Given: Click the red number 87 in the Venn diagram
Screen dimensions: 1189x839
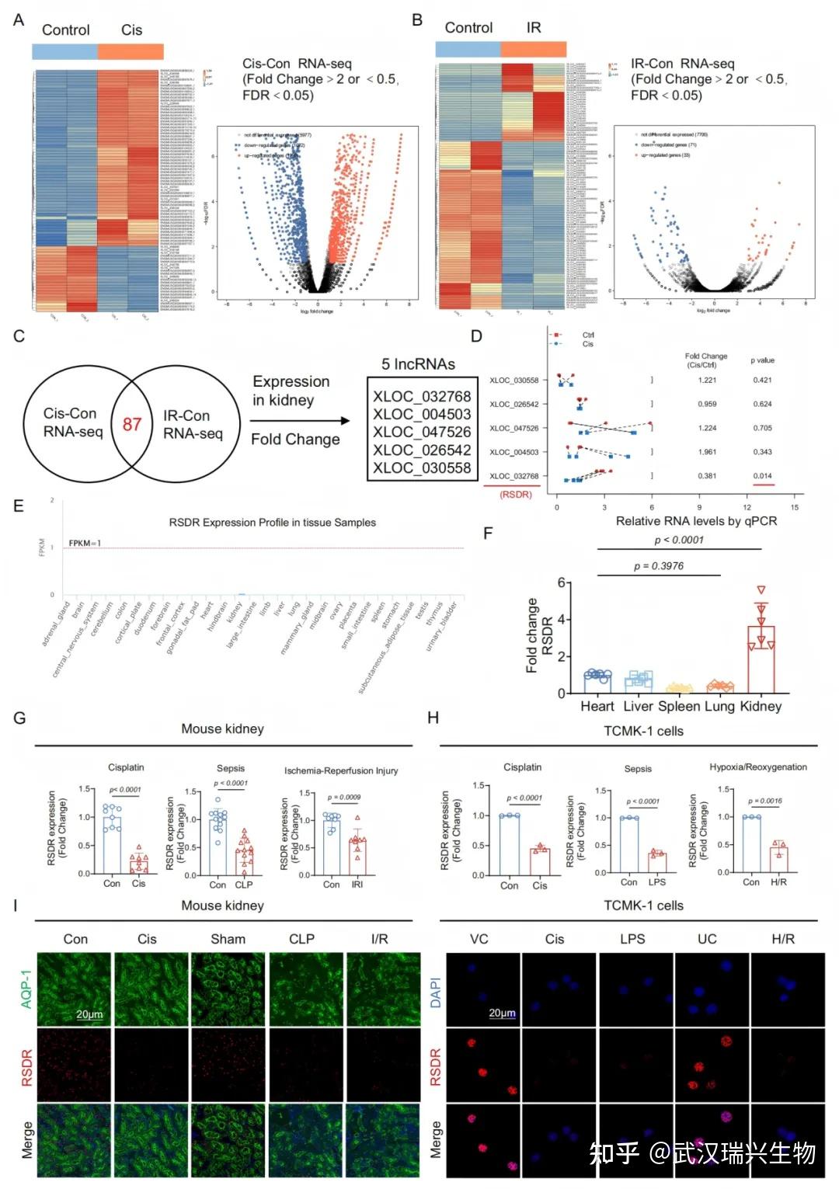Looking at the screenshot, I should (x=131, y=424).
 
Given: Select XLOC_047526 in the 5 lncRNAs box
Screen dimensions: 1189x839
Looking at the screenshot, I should (x=421, y=432).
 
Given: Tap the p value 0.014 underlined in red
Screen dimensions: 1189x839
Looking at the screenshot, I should (x=762, y=476).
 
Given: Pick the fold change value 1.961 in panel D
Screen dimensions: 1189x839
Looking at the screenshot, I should (x=707, y=452).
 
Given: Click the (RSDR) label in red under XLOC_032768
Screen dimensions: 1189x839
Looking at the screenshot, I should (x=515, y=494).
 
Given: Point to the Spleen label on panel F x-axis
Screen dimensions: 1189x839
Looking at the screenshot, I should (x=679, y=706).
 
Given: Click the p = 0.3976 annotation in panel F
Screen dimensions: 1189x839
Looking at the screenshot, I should (x=658, y=565).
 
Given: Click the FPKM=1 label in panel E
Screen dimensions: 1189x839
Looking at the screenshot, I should (x=85, y=543).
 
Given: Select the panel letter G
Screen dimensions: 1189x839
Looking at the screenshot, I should (x=19, y=718).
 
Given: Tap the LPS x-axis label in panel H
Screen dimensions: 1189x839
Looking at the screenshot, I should (x=657, y=882).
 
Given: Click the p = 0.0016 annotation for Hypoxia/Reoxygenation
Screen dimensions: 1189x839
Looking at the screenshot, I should (x=764, y=801).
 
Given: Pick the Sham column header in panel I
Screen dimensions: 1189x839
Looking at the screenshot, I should (x=228, y=939).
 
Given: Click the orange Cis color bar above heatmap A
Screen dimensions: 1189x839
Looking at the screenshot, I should (x=131, y=51).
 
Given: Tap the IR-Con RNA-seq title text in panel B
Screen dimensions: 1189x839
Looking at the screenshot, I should (x=682, y=64).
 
